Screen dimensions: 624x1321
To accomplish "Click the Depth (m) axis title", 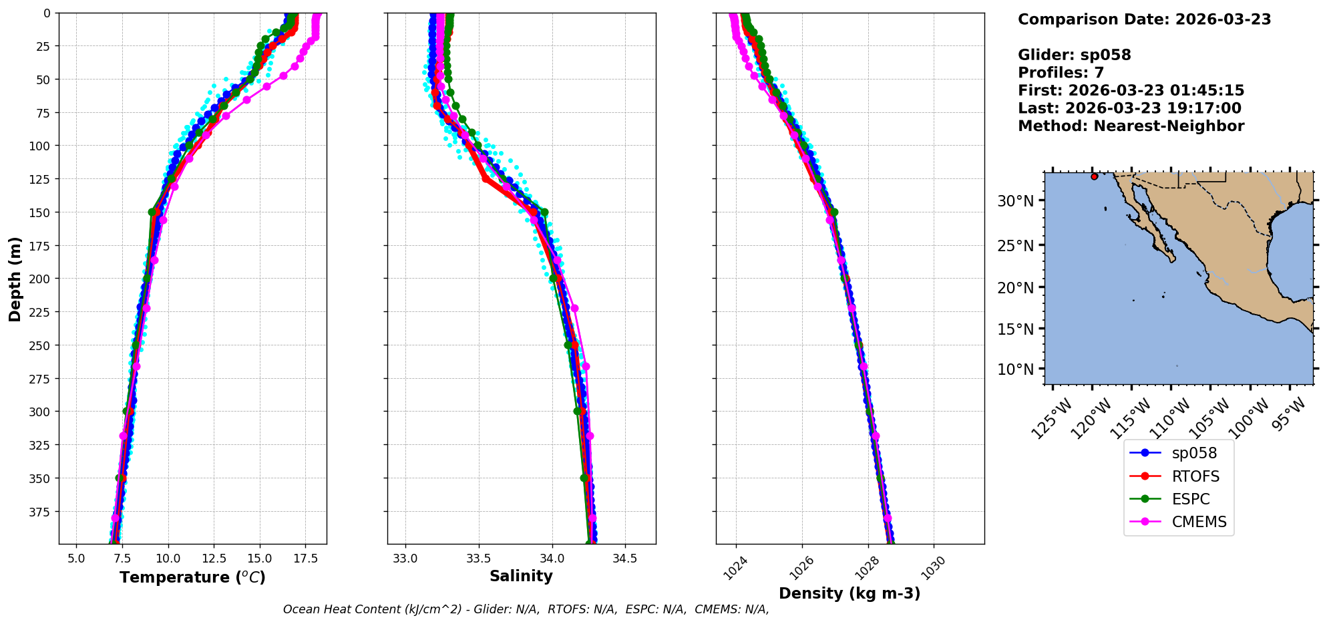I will [15, 279].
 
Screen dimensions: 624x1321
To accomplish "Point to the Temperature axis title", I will [192, 577].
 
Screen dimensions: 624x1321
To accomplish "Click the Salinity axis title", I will [521, 576].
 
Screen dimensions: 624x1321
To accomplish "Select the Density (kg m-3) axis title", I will [850, 593].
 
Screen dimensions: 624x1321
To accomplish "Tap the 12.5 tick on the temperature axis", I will [214, 559].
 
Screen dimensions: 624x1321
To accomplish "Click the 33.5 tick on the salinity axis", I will [478, 559].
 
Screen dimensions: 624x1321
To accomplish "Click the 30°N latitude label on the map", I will [1015, 201].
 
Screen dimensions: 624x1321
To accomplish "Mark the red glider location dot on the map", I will [1094, 176].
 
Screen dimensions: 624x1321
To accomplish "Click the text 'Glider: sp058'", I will [1074, 55].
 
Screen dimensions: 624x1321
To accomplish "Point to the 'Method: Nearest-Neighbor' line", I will [1131, 126].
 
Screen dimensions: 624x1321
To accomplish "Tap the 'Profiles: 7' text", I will [1061, 73].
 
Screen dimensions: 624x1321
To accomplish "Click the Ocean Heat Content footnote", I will [526, 609].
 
